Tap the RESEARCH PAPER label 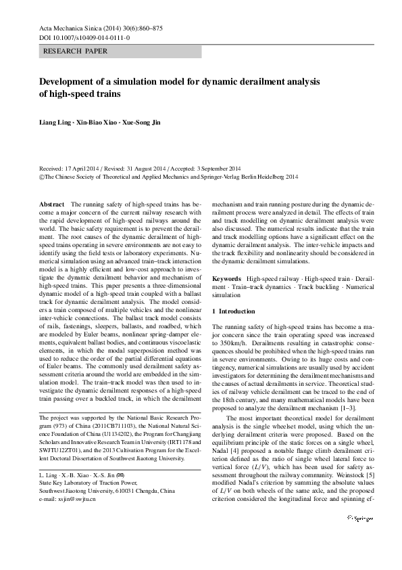click(74, 51)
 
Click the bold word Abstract click(52, 204)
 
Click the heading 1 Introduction click(234, 311)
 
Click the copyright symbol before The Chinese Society click(42, 176)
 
